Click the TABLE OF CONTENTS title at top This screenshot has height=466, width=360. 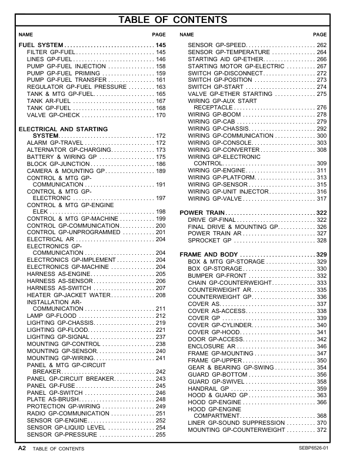180,21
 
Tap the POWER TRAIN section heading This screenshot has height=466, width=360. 201,212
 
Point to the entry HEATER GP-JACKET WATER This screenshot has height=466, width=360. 65,295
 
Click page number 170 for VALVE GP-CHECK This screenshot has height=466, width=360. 160,115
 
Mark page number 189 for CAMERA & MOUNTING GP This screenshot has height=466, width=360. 160,171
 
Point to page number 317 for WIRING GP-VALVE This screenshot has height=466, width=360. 321,199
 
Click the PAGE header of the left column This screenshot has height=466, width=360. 159,35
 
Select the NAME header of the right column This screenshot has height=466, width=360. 186,35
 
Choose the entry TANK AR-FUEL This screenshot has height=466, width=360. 50,101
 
